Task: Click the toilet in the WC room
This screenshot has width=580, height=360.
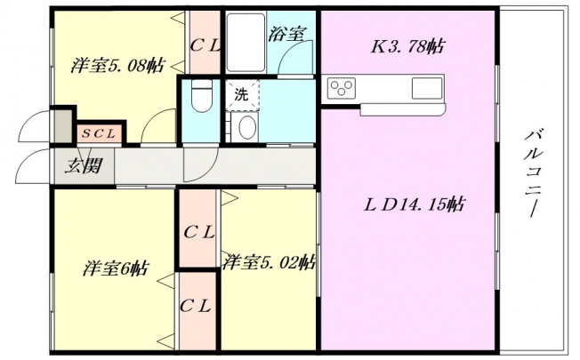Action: click(x=202, y=95)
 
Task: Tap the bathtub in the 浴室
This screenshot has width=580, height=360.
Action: click(x=246, y=43)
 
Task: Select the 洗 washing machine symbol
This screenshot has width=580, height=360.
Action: click(x=242, y=95)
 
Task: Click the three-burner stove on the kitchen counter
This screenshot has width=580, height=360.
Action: click(x=342, y=88)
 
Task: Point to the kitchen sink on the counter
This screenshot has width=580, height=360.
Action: click(x=427, y=88)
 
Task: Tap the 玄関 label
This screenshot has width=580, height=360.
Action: click(x=84, y=165)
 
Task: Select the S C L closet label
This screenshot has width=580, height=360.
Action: click(x=99, y=134)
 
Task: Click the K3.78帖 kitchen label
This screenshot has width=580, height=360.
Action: click(x=407, y=46)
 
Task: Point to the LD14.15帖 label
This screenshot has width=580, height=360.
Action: click(x=415, y=204)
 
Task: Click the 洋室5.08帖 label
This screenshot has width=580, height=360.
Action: click(x=117, y=66)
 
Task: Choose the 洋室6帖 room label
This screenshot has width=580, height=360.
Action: click(x=116, y=268)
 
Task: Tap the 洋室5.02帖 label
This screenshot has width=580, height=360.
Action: click(x=269, y=262)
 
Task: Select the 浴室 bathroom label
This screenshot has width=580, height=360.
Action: click(x=286, y=35)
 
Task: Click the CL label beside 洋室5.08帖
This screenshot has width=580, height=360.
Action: click(x=205, y=46)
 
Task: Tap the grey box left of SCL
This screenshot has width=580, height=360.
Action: click(x=63, y=126)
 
